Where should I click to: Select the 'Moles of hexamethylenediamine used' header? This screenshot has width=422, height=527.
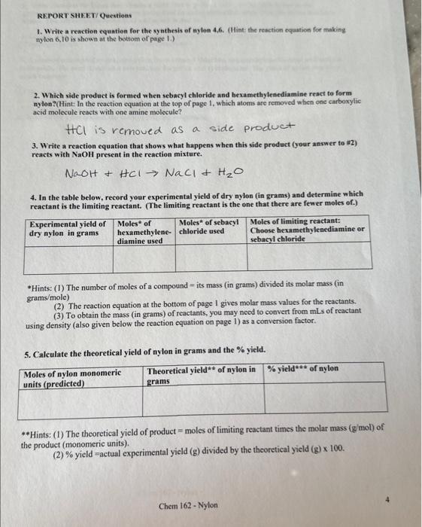pyautogui.click(x=144, y=233)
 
